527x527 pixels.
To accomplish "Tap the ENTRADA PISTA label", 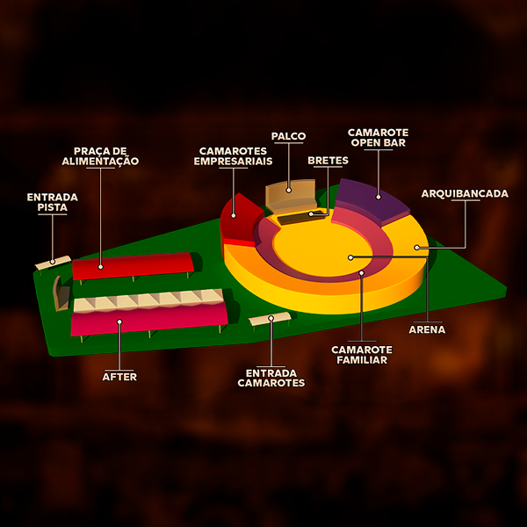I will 53,202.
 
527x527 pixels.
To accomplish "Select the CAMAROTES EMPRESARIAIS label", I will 233,155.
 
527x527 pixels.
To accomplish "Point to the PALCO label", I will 288,136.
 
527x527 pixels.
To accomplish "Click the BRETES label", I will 328,161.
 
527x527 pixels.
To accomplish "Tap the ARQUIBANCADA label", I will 465,193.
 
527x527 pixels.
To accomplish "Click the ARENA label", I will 427,330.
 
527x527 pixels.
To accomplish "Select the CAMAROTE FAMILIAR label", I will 359,354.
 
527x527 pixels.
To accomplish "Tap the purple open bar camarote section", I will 369,198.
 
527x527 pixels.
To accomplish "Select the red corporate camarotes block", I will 238,221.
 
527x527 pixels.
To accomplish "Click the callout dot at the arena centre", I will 350,257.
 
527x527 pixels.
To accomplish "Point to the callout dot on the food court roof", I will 101,265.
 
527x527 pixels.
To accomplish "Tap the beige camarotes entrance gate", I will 270,319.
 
